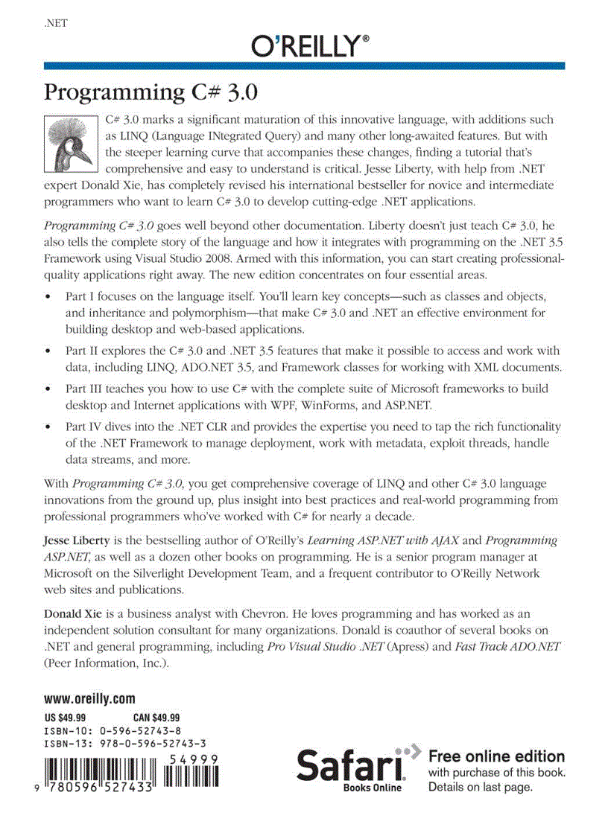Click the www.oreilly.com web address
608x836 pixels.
89,699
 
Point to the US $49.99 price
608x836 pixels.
66,718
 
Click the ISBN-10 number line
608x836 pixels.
113,730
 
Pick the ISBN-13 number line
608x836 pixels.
125,743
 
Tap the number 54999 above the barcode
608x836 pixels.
193,758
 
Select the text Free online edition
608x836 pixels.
496,756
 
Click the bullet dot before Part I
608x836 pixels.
48,297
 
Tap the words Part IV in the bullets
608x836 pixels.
80,427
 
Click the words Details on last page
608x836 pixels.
481,787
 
